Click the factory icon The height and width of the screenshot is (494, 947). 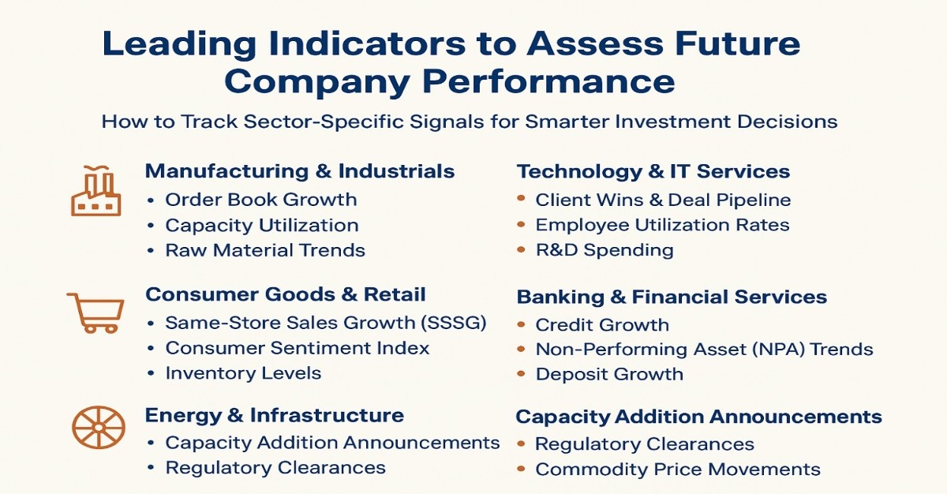click(95, 192)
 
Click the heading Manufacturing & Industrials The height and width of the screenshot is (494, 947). click(300, 171)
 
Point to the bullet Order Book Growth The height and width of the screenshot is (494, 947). click(260, 200)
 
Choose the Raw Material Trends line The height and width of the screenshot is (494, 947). click(264, 250)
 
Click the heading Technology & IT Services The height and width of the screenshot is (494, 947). click(653, 171)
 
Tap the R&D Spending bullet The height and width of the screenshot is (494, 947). click(604, 250)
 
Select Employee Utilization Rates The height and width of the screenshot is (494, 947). click(662, 225)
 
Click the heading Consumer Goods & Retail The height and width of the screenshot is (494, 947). click(286, 295)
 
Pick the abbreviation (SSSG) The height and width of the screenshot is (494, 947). click(452, 323)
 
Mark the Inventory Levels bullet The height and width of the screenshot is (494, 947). click(243, 373)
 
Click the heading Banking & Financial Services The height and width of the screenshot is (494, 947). click(672, 298)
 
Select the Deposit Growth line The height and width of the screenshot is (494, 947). click(608, 374)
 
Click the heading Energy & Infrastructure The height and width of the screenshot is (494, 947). click(275, 415)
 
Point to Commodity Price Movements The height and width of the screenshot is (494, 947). click(677, 470)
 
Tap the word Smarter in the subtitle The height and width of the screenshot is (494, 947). click(557, 122)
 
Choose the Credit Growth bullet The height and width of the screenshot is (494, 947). click(601, 324)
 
